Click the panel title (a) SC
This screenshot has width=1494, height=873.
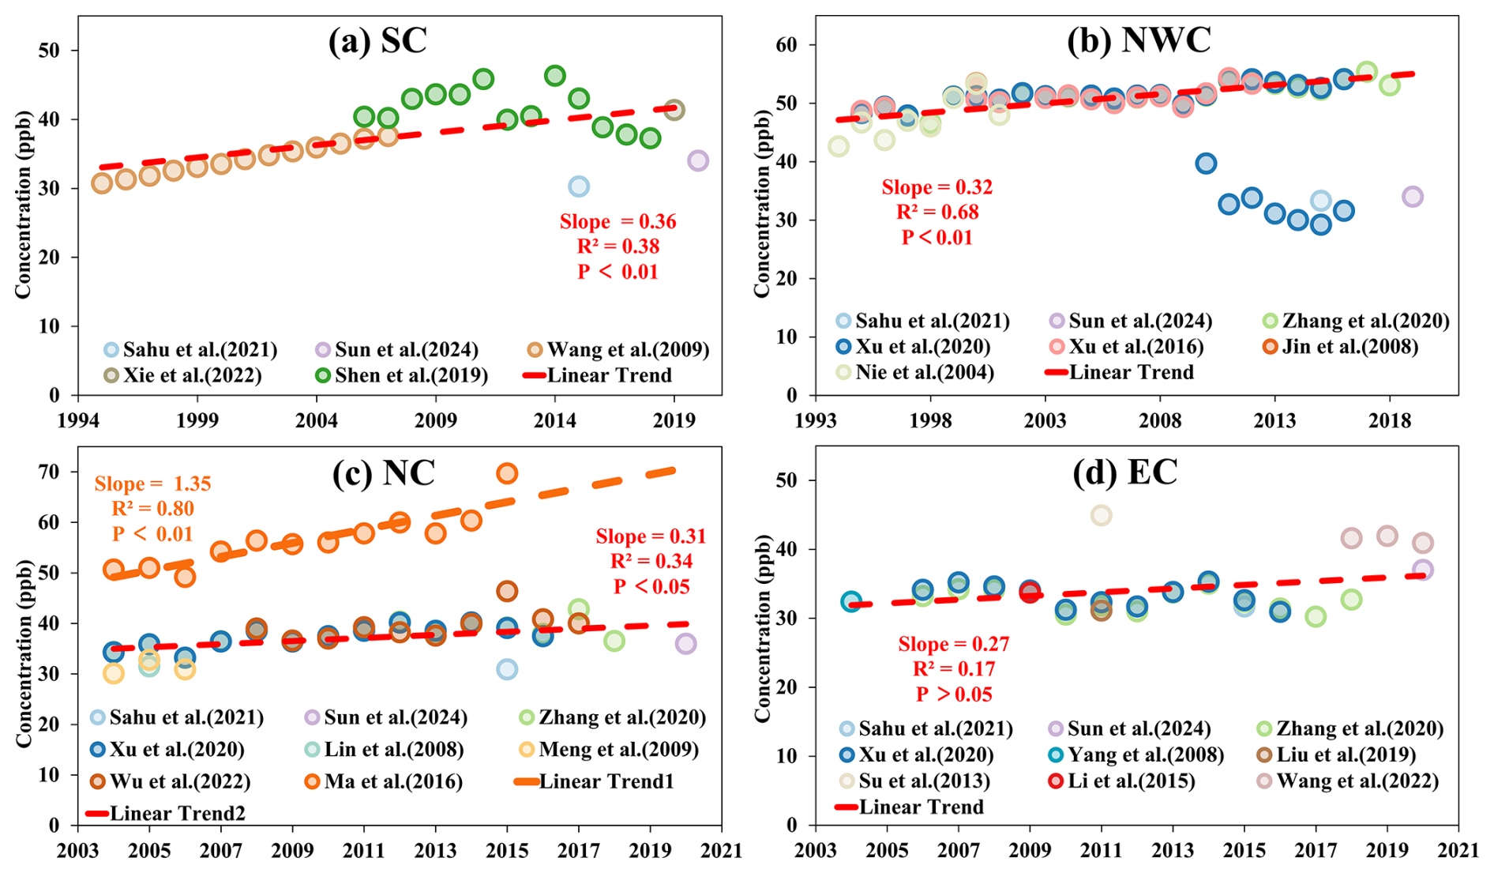click(377, 41)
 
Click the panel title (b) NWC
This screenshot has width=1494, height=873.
click(1139, 40)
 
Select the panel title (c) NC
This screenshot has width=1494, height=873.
click(384, 472)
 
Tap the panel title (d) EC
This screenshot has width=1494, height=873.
click(1124, 472)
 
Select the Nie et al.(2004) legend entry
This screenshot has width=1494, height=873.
click(915, 372)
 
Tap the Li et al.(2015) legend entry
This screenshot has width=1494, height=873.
click(1121, 781)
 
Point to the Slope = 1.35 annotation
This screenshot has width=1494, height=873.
click(152, 484)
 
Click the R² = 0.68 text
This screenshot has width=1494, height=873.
click(937, 212)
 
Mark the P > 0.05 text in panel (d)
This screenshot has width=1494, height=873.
click(954, 694)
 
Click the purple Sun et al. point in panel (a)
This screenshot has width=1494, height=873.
click(697, 160)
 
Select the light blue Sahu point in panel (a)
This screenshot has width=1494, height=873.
click(578, 186)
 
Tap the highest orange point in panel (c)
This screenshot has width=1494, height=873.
click(506, 473)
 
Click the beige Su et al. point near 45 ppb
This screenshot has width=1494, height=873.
click(1101, 515)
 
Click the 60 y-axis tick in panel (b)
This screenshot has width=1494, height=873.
click(786, 44)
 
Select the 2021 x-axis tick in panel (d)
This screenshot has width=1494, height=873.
click(1458, 850)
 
